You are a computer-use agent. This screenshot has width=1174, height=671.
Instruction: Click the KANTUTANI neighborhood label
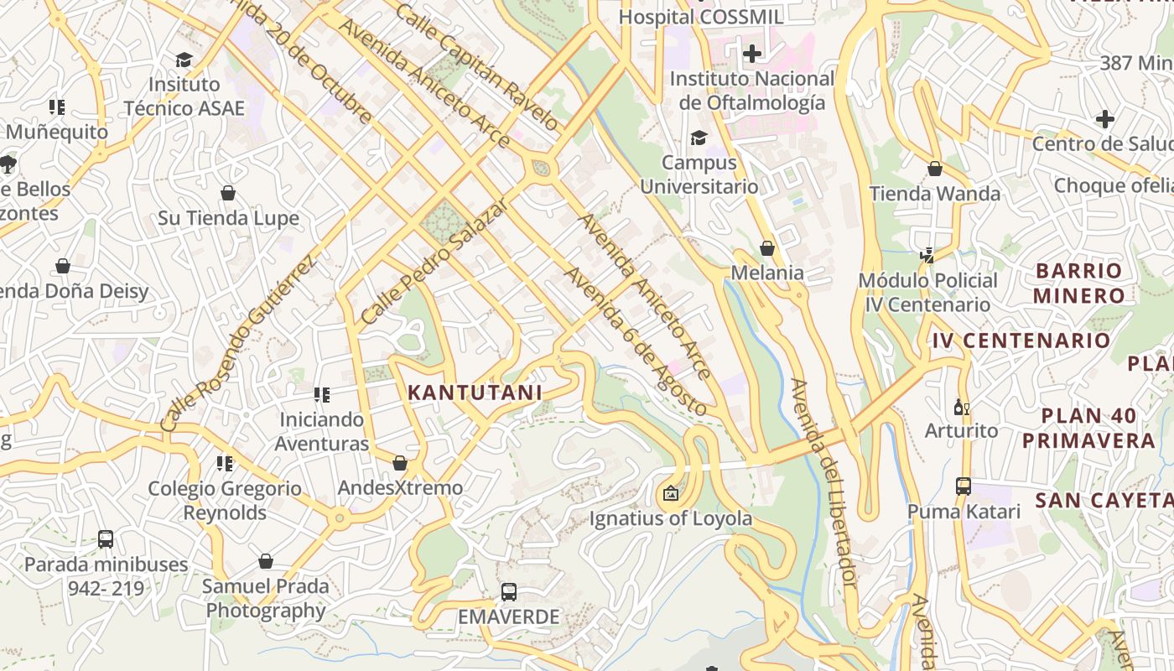coord(475,393)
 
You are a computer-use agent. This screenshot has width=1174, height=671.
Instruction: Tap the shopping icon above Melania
coord(766,248)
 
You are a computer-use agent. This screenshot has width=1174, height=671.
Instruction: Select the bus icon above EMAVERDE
coord(508,592)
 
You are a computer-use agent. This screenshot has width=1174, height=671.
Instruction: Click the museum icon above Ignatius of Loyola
coord(670,493)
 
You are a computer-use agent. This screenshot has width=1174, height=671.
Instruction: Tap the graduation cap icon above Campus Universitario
coord(699,138)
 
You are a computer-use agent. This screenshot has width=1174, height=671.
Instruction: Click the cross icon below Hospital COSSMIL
coord(752,54)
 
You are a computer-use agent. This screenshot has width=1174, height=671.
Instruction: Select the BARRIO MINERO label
coord(1078,283)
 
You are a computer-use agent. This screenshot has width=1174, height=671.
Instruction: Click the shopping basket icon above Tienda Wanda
coord(935,169)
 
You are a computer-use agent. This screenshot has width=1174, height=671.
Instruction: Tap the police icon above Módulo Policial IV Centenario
coord(927,255)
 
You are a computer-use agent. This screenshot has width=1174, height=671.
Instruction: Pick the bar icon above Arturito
coord(961,408)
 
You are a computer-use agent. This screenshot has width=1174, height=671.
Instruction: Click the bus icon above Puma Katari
coord(964,486)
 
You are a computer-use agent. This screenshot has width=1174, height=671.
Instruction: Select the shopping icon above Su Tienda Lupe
coord(228,194)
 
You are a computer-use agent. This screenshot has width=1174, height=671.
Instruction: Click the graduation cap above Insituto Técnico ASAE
coord(184,60)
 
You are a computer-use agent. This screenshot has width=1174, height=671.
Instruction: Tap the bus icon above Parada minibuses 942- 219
coord(106,539)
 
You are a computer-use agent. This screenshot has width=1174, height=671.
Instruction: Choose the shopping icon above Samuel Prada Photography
coord(266,561)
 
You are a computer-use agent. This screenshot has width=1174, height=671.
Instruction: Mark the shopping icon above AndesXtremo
coord(400,463)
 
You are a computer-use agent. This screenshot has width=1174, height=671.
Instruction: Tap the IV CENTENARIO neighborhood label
coord(1021,341)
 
